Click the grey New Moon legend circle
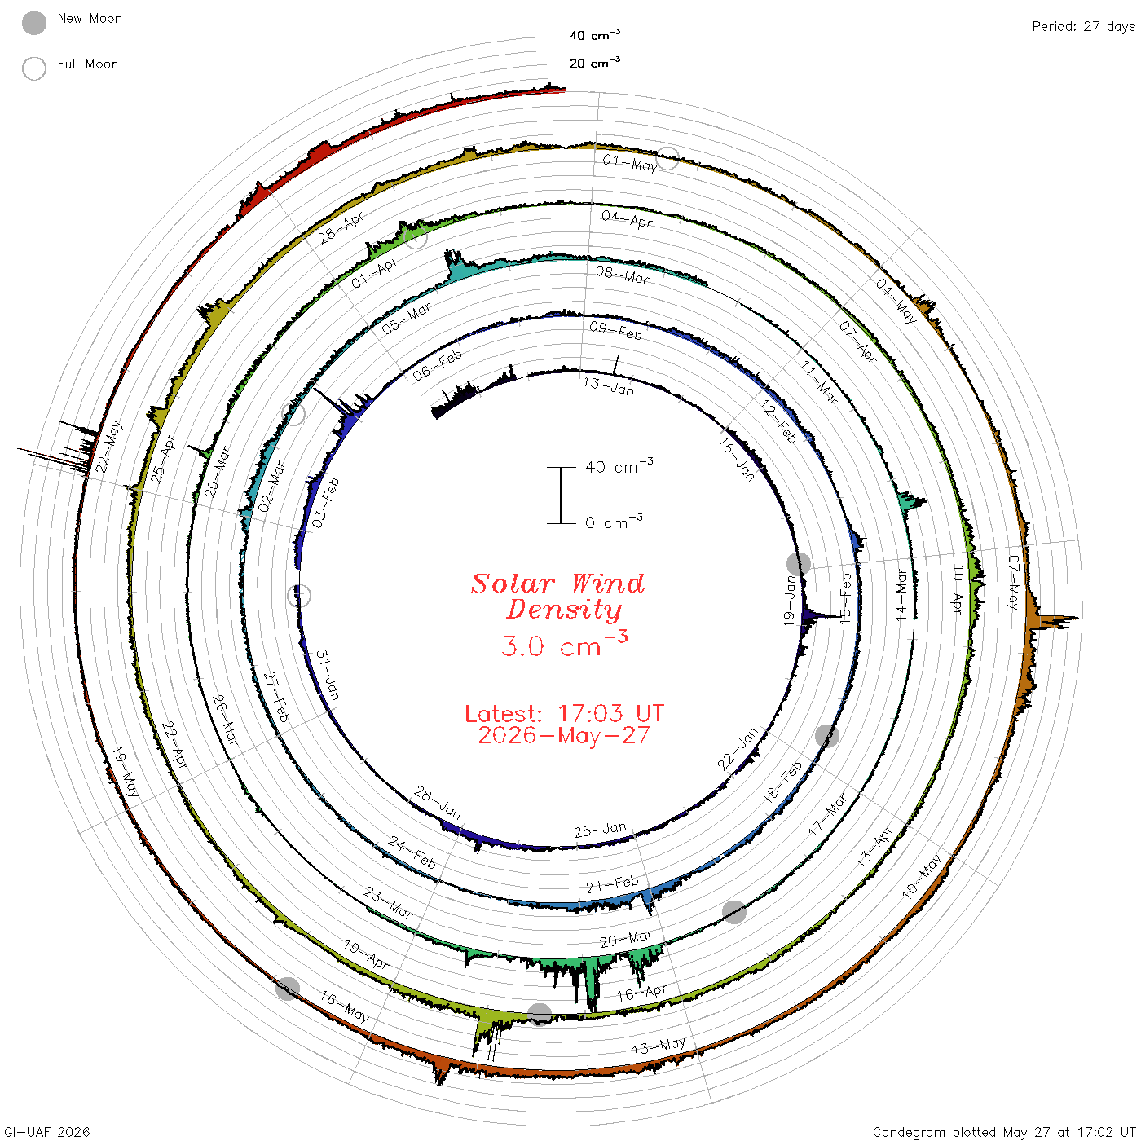click(33, 23)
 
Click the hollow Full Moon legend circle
click(33, 68)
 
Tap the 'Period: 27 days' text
click(1083, 27)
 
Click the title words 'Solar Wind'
click(557, 584)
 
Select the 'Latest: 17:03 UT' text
click(564, 713)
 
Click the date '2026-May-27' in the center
click(564, 735)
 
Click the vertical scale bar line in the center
click(561, 496)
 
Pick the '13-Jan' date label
click(609, 386)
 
